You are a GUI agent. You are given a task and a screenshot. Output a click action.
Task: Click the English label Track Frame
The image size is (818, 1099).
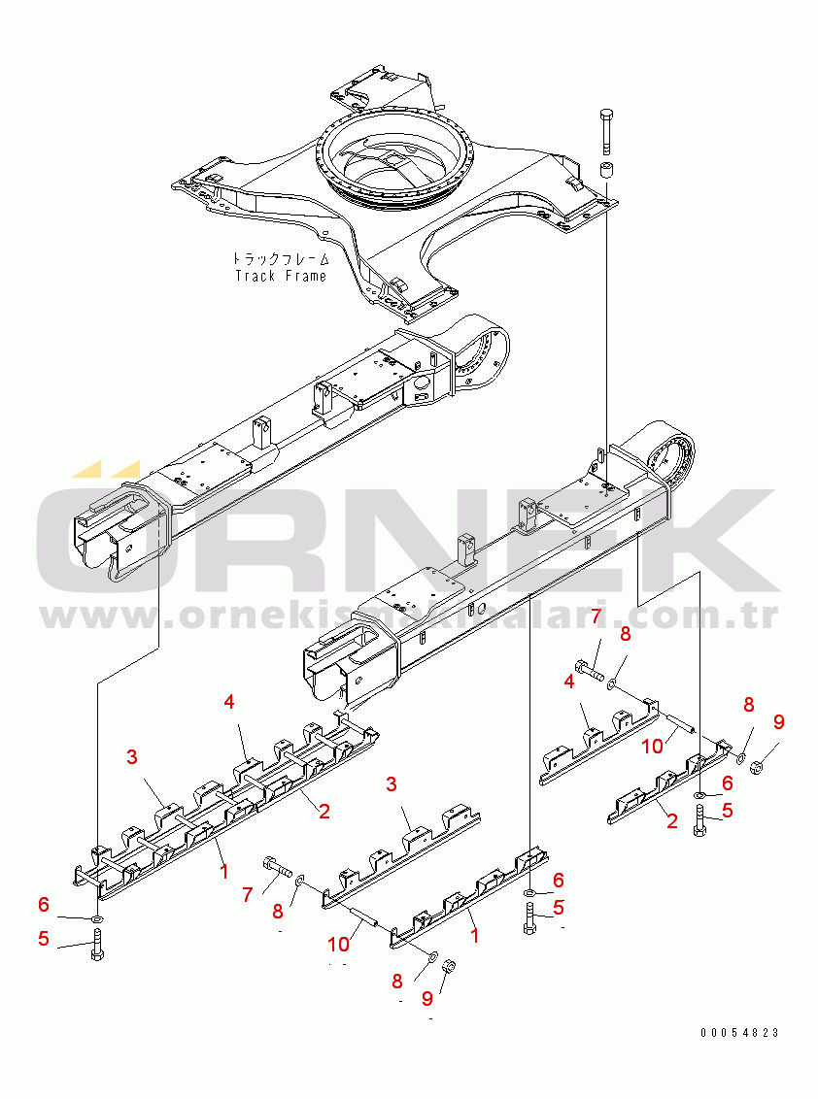click(282, 276)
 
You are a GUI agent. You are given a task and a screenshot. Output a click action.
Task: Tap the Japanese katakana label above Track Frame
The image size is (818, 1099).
click(280, 259)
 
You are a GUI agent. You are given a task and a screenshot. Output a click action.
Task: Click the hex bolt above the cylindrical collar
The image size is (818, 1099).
click(607, 129)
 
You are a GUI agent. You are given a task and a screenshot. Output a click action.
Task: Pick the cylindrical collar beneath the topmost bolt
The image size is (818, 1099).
click(608, 173)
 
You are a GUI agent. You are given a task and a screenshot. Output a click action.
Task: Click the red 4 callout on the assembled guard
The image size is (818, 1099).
click(229, 702)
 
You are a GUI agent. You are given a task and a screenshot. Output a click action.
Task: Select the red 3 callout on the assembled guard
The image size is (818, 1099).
click(131, 757)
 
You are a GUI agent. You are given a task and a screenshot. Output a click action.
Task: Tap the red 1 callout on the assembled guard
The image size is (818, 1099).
click(223, 871)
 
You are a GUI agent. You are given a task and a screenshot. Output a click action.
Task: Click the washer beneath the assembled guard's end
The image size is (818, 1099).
click(98, 917)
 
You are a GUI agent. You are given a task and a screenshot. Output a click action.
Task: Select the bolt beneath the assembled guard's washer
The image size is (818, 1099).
click(97, 944)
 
